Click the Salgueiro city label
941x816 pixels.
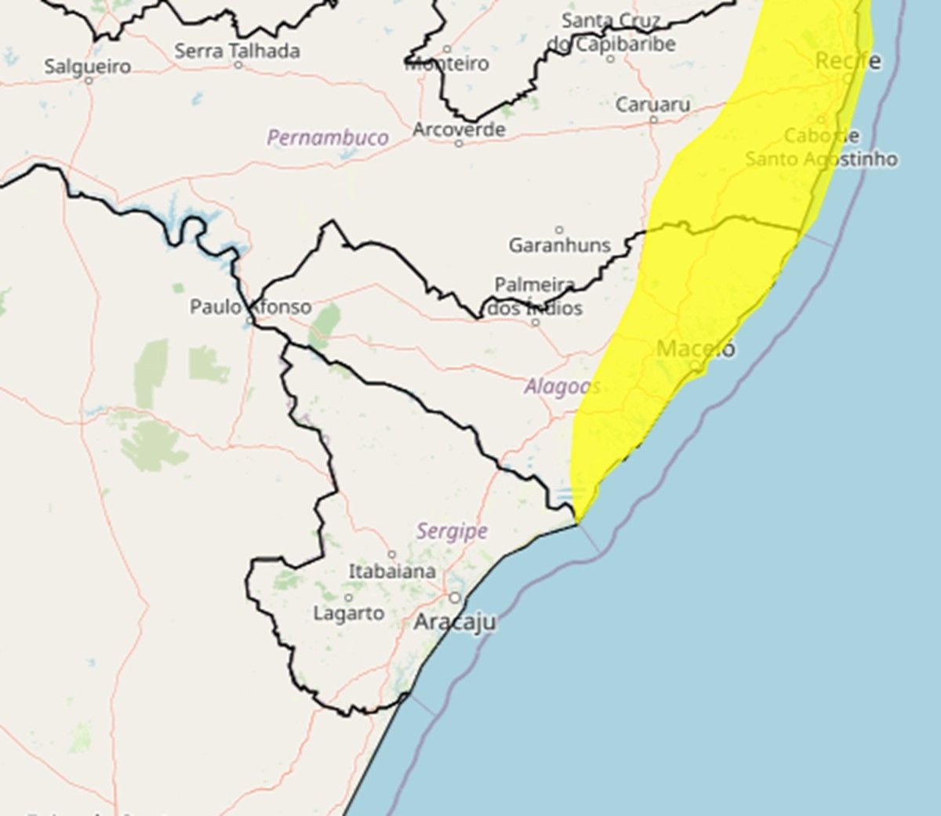pos(87,67)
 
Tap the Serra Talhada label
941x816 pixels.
pos(237,51)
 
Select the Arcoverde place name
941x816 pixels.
pos(459,129)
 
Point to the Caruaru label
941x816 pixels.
pos(653,104)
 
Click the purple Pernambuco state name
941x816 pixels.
pos(327,138)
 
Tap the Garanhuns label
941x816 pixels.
pos(559,245)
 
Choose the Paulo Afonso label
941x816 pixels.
pos(250,306)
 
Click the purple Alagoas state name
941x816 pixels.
pos(562,386)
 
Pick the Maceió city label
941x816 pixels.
pos(696,348)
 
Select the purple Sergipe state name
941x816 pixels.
pos(452,531)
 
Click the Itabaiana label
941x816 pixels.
pos(392,571)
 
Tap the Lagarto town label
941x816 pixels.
pos(349,613)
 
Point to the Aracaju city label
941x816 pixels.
pos(455,622)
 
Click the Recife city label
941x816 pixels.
pos(848,60)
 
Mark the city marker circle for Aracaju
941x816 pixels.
pos(455,598)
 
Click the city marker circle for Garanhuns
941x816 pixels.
pos(559,230)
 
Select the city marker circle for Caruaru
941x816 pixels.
pos(653,119)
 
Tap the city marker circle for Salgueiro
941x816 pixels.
pos(88,80)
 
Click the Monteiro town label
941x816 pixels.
pos(447,63)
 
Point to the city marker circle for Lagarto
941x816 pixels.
pos(349,597)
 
